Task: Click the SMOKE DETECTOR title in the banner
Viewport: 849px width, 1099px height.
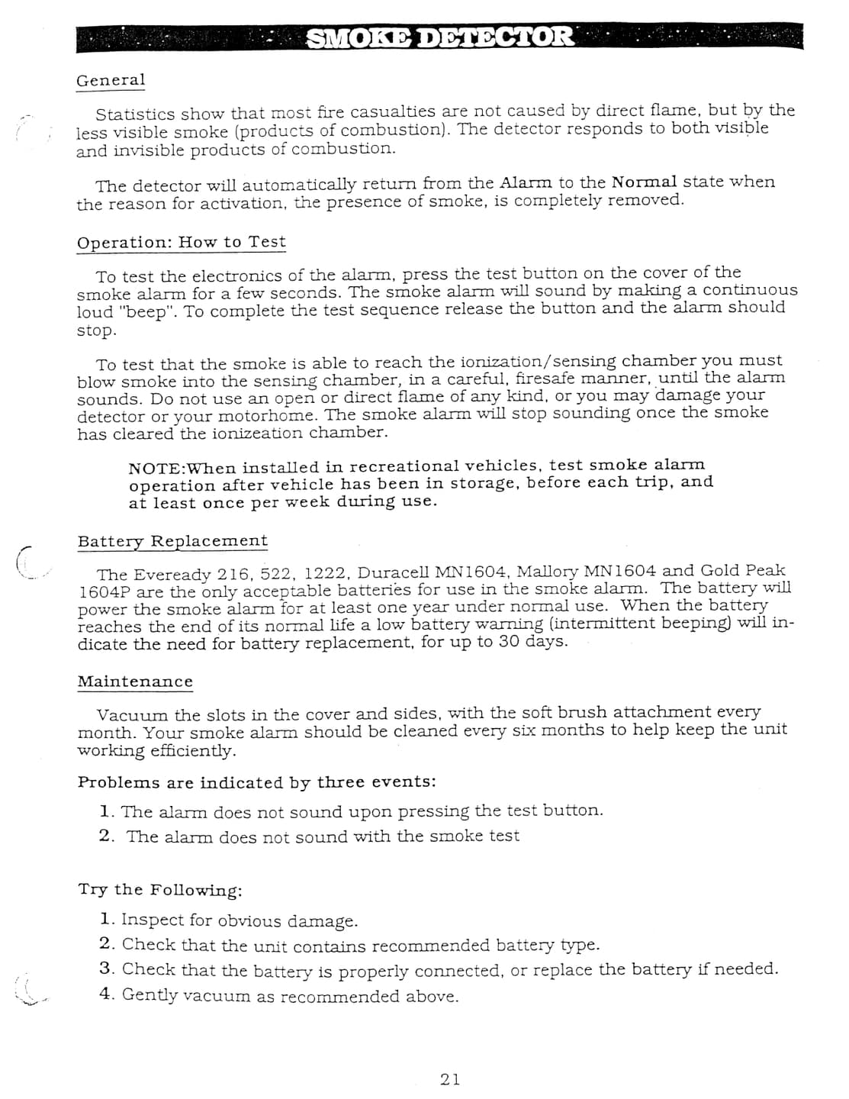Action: tap(439, 37)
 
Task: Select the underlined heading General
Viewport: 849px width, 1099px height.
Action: tap(111, 80)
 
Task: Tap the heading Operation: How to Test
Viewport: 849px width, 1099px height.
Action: tap(182, 243)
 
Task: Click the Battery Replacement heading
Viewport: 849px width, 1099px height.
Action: tap(172, 541)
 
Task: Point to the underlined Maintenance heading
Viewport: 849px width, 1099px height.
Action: tap(135, 682)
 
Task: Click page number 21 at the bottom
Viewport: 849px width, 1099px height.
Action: tap(450, 1078)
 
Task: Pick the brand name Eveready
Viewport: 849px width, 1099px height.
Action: tap(172, 575)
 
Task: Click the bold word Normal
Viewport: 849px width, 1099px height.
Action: tap(644, 182)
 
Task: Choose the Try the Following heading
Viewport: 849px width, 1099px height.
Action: tap(160, 890)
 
